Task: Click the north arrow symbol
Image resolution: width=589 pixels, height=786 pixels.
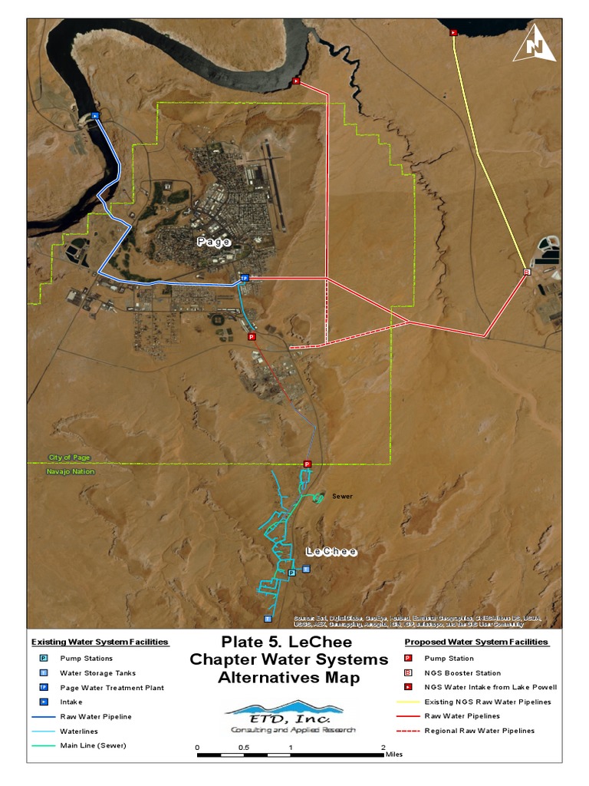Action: (x=535, y=44)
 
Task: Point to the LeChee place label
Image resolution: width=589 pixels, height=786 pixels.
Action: (x=331, y=552)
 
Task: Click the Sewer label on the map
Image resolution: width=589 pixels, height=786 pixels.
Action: (x=342, y=497)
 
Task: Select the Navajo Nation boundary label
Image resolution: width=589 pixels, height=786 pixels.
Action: (x=71, y=471)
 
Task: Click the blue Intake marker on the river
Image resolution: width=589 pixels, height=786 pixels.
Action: (x=95, y=115)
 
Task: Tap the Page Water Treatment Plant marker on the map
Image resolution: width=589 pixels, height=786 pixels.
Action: (x=245, y=278)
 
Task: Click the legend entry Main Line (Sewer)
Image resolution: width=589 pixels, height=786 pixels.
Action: (x=93, y=745)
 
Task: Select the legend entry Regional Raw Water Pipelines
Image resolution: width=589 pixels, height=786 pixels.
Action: (x=479, y=731)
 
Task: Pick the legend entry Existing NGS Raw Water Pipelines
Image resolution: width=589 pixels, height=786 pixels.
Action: (x=487, y=702)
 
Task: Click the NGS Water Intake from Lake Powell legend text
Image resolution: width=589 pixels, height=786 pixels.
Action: (x=490, y=687)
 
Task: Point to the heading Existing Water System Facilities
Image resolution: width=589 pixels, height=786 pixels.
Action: (x=100, y=642)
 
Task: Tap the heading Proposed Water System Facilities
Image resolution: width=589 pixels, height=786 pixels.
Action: (x=476, y=642)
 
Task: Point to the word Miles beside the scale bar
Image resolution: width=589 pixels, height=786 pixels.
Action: (x=393, y=755)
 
